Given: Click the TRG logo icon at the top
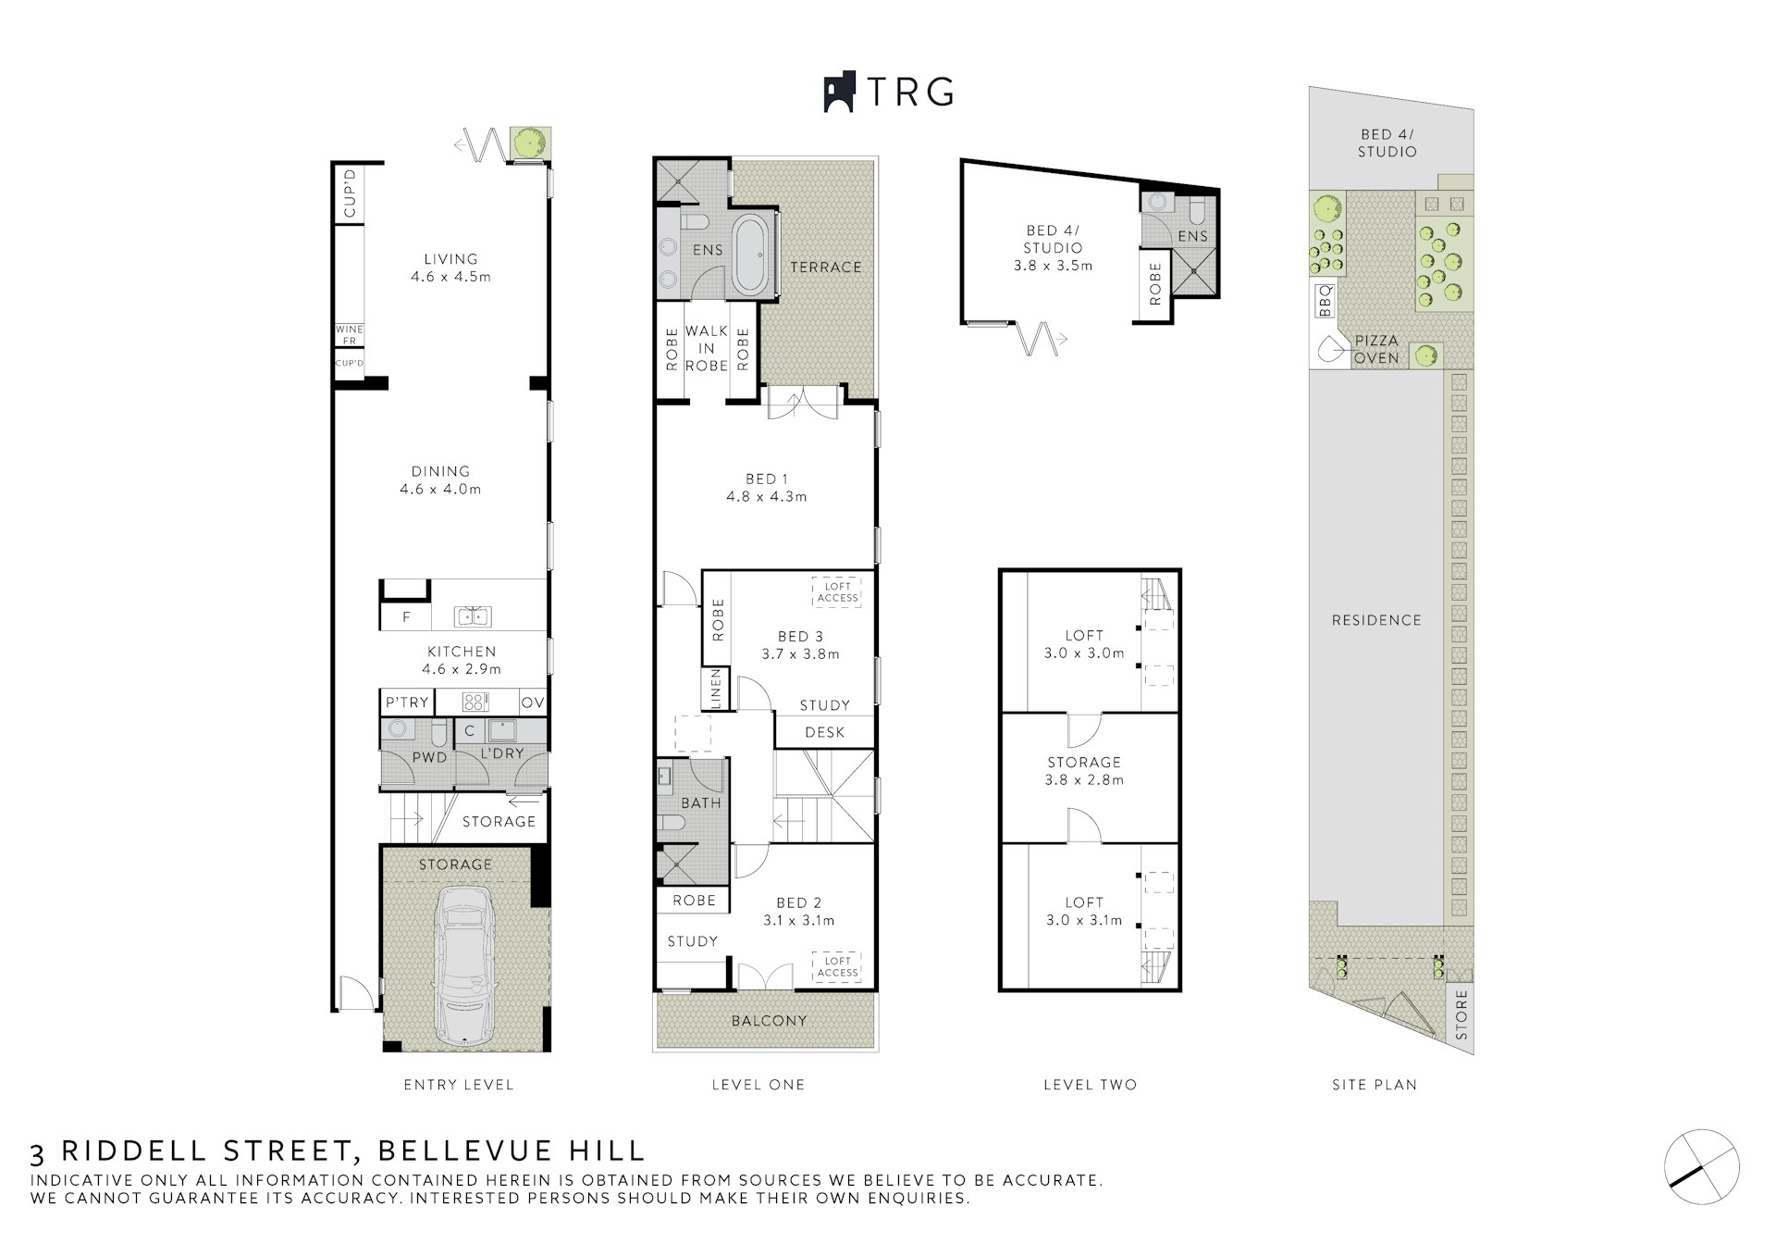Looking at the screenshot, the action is pos(840,93).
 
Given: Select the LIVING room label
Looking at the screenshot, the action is pos(451,259).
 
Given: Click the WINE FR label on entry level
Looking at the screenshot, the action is pos(350,335).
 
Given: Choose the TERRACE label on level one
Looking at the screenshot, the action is pos(826,267).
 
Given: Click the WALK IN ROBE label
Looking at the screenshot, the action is pos(707,348).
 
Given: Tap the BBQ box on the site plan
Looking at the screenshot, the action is pos(1325,301).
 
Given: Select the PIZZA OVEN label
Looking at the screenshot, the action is pos(1376,349).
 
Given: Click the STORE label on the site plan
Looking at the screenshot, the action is pos(1461,1015).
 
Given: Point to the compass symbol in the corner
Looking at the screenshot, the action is pos(1702,1167).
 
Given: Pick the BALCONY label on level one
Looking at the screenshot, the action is pos(770,1020).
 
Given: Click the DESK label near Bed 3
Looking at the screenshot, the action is pos(825,732).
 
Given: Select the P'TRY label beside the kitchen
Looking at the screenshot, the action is pos(408,703).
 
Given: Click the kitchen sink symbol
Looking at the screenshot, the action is pos(473,616).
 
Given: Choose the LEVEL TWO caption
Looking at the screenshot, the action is pos(1091,1084).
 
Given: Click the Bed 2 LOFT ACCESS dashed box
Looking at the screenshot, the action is pos(837,967).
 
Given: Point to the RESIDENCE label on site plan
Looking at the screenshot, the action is pos(1376,620).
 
